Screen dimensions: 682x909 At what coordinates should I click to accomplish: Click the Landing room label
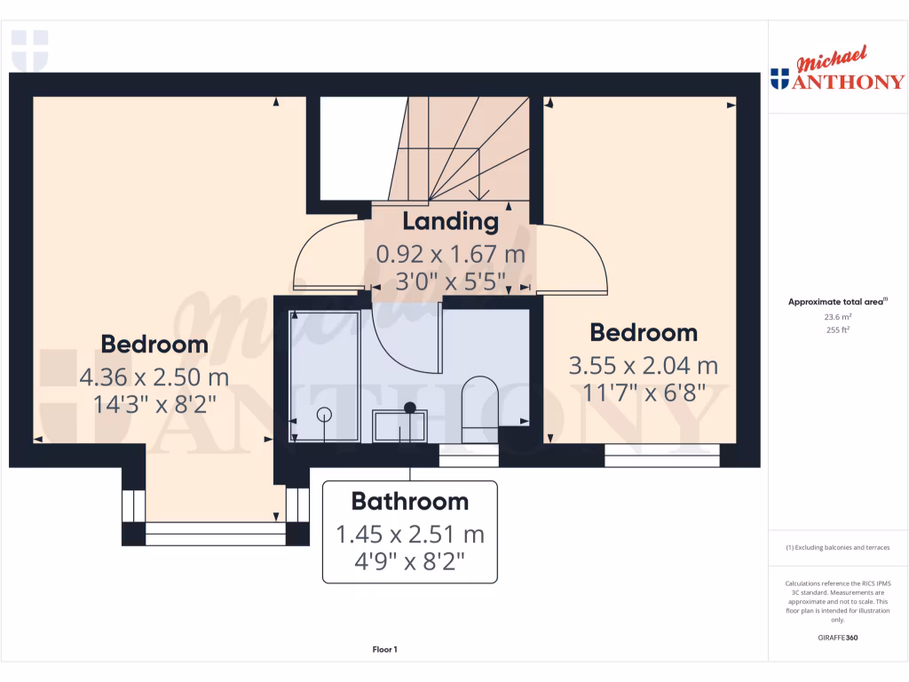pos(451,221)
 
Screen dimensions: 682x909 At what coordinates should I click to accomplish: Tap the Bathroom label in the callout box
pos(409,502)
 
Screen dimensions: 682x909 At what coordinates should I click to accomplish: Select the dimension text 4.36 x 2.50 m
pos(154,377)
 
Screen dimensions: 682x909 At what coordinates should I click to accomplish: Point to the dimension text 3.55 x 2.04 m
pos(644,365)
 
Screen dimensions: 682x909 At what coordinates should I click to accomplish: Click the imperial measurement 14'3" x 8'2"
pos(154,405)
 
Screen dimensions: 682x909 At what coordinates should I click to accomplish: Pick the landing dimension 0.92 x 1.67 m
pos(451,255)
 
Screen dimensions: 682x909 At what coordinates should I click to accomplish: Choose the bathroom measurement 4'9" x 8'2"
pos(409,562)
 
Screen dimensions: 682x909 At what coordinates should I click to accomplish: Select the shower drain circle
pos(324,414)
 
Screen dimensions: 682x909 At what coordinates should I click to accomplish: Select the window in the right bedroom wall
pos(661,460)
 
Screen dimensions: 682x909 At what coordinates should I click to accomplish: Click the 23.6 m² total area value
pos(837,316)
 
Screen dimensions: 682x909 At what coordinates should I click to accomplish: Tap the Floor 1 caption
pos(384,650)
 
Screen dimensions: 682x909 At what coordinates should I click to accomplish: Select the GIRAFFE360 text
pos(837,638)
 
